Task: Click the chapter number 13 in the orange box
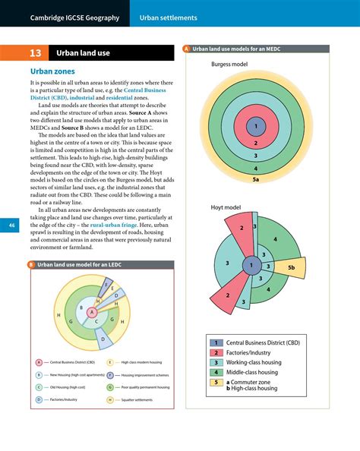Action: pyautogui.click(x=36, y=54)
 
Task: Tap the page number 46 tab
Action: pyautogui.click(x=11, y=226)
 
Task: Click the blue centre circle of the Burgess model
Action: pyautogui.click(x=256, y=126)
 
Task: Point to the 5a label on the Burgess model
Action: pyautogui.click(x=256, y=180)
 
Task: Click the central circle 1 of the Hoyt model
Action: pyautogui.click(x=249, y=266)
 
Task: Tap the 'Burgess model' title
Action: pyautogui.click(x=229, y=65)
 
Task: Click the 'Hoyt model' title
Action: pyautogui.click(x=226, y=207)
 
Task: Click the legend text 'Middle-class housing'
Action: pyautogui.click(x=252, y=372)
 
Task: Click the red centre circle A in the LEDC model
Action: pyautogui.click(x=93, y=312)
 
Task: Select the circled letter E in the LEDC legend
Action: pyautogui.click(x=110, y=363)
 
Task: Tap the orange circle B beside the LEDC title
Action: pyautogui.click(x=32, y=265)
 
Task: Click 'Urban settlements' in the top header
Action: pyautogui.click(x=168, y=17)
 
